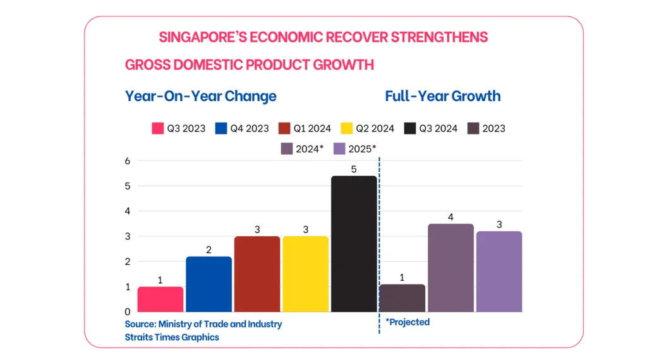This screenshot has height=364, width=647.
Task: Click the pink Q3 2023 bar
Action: (160, 300)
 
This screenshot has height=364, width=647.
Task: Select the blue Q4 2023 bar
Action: (209, 284)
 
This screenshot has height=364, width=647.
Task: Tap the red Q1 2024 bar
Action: (257, 274)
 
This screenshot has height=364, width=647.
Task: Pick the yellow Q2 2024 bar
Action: (305, 274)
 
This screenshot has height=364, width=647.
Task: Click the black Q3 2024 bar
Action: (354, 244)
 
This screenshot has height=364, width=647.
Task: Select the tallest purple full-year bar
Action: (450, 268)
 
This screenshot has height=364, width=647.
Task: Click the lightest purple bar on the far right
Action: (499, 272)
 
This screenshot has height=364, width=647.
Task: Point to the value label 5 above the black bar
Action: (354, 169)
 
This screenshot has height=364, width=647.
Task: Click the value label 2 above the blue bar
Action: (209, 250)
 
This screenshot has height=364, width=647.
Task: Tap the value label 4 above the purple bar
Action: (450, 217)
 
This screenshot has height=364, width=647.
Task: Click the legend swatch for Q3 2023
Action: (158, 128)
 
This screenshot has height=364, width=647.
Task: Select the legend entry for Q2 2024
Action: (367, 128)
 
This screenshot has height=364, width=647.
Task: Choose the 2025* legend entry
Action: (354, 149)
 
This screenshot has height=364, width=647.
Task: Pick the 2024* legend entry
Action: (302, 149)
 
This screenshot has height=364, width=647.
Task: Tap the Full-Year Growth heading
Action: (442, 96)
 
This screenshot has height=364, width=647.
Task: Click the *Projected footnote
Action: (408, 322)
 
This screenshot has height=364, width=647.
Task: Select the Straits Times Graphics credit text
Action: (172, 337)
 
